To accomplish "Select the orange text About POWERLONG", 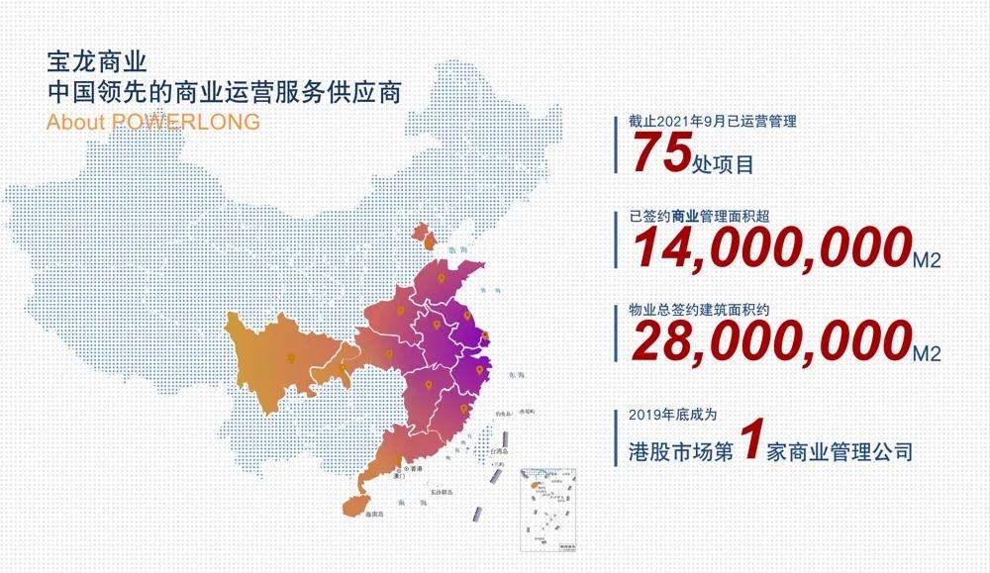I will point(153,122).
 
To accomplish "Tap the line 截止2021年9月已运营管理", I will point(713,122).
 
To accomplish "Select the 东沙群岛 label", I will point(443,491).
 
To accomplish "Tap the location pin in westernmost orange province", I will point(290,358).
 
